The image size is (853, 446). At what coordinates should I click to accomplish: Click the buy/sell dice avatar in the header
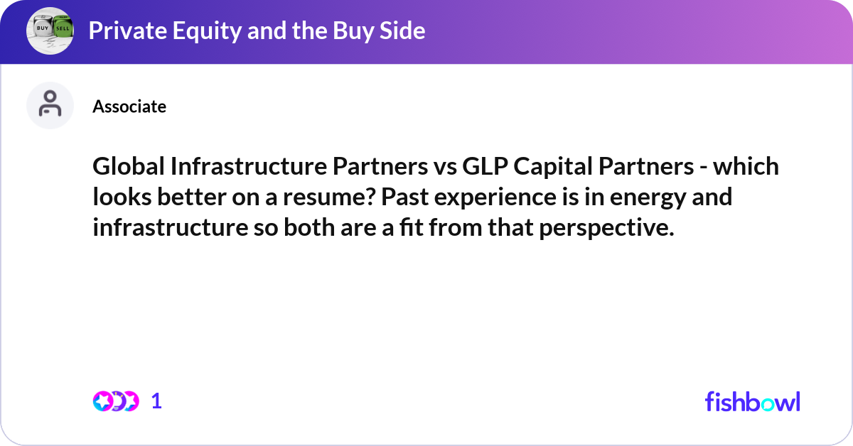pyautogui.click(x=50, y=31)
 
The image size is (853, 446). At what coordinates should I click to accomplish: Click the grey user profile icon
pyautogui.click(x=50, y=105)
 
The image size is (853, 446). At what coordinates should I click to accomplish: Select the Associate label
pyautogui.click(x=129, y=107)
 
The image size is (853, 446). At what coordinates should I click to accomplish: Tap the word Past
pyautogui.click(x=404, y=197)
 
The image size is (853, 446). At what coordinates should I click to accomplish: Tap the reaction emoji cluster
pyautogui.click(x=115, y=401)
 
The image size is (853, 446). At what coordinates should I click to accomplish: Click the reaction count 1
pyautogui.click(x=156, y=401)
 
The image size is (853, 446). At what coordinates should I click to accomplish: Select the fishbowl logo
pyautogui.click(x=752, y=401)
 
